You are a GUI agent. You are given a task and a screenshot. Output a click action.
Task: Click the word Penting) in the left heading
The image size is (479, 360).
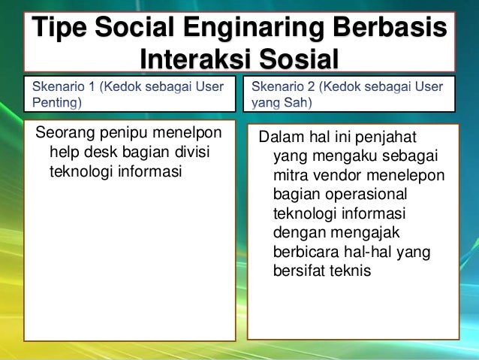click(x=56, y=102)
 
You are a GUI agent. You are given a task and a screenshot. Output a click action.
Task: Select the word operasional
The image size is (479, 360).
click(x=357, y=195)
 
